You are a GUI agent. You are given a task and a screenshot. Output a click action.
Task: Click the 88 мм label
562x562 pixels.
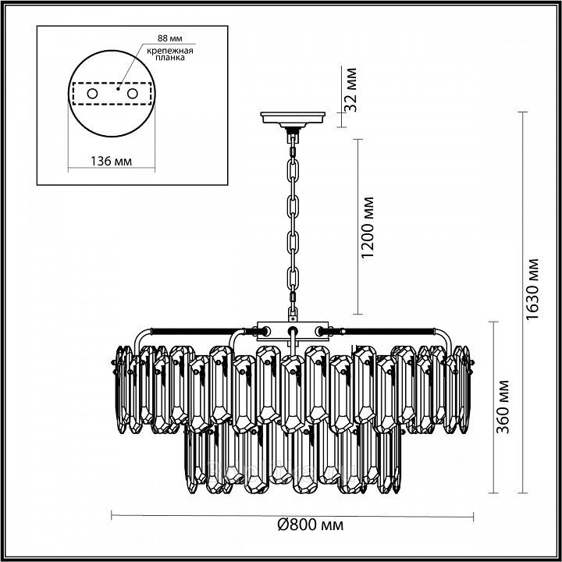170,38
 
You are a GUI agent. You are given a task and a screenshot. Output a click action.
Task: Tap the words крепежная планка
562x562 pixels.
170,54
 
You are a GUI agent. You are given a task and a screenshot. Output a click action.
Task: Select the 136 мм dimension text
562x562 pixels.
111,162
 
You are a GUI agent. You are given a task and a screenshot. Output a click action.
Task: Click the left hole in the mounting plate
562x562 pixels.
92,94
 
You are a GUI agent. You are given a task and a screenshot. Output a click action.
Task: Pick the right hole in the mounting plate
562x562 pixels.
132,94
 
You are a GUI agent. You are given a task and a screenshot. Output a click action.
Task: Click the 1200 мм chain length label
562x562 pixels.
368,227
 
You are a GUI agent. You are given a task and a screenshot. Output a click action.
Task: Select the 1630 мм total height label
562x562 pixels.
532,290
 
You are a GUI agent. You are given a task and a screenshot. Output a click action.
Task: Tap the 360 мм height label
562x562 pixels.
503,407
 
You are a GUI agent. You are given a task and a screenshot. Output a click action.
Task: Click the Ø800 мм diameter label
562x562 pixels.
311,525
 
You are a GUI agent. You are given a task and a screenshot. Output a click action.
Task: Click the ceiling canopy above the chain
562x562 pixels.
293,119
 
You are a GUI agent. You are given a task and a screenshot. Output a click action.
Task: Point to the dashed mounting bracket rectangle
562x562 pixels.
112,94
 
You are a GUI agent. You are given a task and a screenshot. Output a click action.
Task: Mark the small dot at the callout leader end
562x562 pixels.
118,87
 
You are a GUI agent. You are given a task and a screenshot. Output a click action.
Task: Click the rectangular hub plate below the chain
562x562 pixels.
293,330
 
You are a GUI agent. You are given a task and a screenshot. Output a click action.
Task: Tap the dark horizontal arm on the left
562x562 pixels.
197,331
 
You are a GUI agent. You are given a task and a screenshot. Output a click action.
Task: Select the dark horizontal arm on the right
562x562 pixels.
388,331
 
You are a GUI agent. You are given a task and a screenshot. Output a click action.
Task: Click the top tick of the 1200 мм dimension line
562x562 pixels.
358,140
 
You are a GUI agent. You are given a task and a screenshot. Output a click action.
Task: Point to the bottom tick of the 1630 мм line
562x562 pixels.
522,493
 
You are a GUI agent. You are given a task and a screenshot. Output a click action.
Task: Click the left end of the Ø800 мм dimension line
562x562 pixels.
112,515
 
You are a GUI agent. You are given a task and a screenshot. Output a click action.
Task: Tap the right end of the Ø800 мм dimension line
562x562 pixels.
474,517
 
